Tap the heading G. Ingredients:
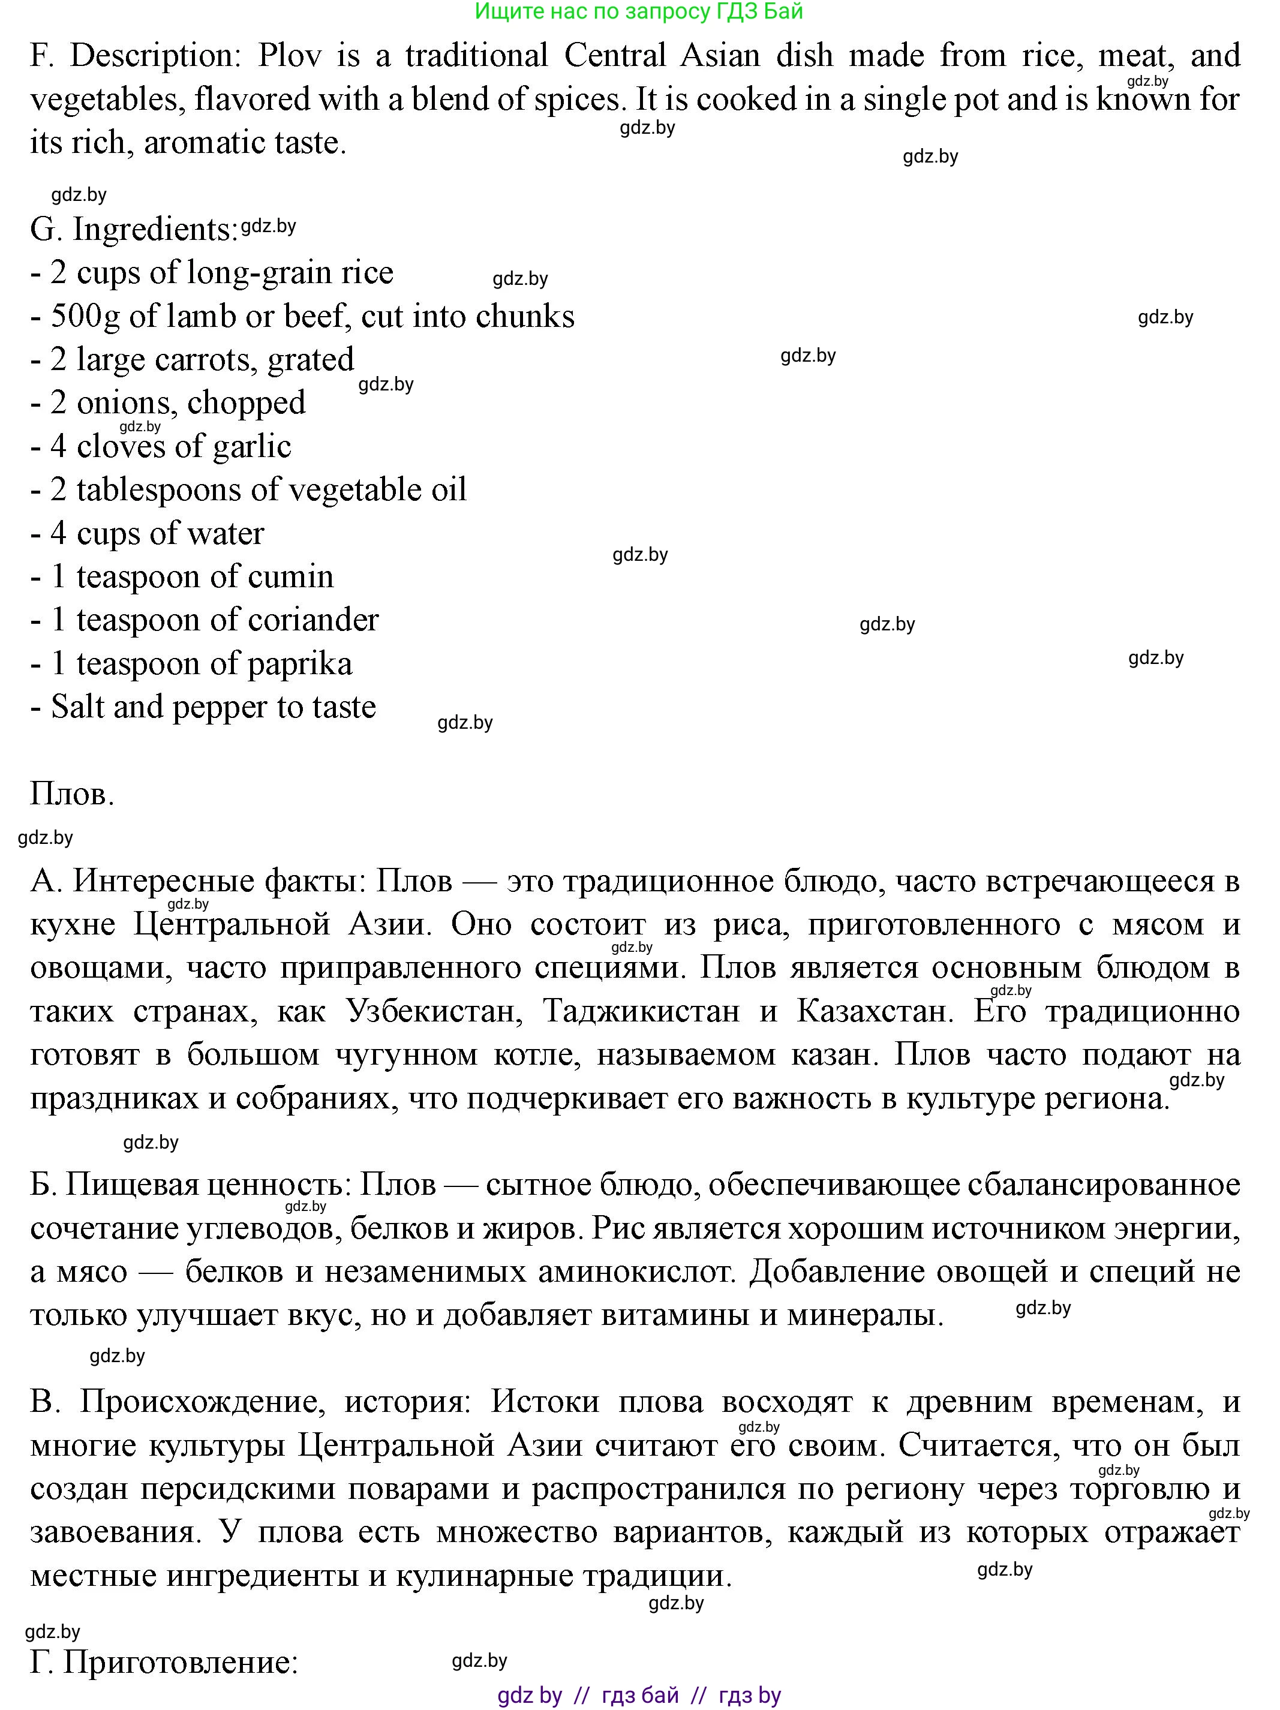(134, 230)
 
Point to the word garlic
(251, 446)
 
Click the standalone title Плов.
(72, 794)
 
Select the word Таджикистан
(641, 1011)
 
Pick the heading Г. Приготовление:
(164, 1662)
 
